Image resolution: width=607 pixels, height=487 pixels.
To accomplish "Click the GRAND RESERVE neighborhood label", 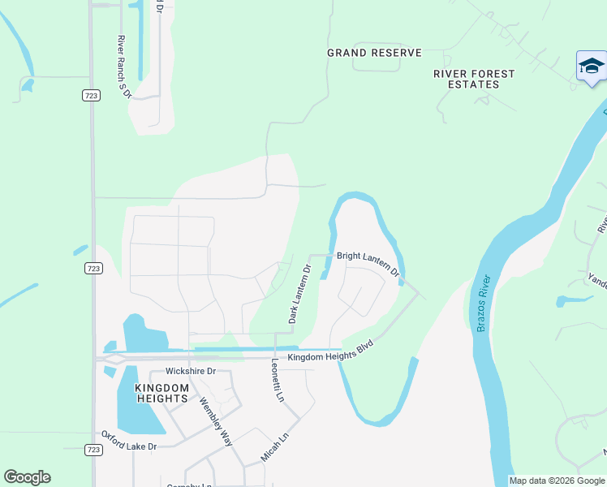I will (374, 53).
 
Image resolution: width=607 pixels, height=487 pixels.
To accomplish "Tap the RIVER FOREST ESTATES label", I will (474, 79).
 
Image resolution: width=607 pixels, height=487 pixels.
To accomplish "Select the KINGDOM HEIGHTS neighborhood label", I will (161, 393).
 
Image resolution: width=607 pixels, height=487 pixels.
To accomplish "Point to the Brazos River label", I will (484, 304).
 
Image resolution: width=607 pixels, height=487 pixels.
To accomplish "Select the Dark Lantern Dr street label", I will (299, 293).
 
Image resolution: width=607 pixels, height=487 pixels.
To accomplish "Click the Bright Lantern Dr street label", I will (368, 263).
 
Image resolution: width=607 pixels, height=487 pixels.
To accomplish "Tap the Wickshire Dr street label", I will (188, 371).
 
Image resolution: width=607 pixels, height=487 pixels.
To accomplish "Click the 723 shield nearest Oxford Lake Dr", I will (93, 449).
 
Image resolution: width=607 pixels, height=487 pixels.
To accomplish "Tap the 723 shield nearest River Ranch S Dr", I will (93, 96).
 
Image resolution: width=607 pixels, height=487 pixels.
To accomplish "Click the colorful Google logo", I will (27, 477).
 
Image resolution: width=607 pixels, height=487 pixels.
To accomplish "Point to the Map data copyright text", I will (557, 481).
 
